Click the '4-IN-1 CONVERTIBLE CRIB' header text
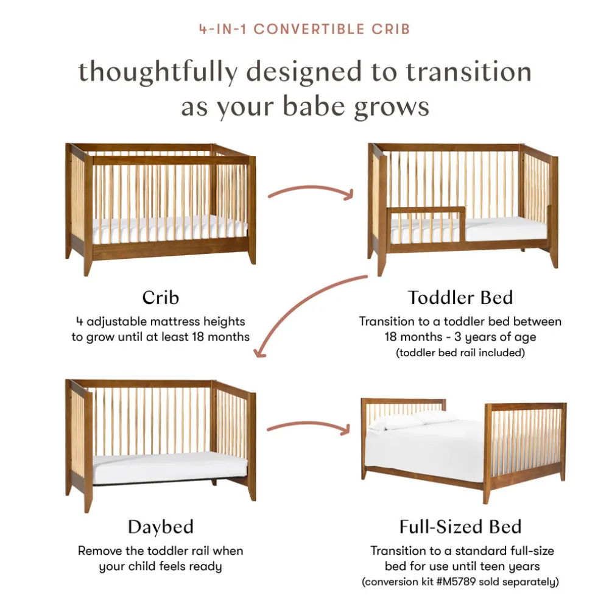[304, 29]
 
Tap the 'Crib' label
[160, 298]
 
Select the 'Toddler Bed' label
[460, 298]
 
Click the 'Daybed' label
[160, 527]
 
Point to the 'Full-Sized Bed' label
[460, 527]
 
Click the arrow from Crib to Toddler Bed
[311, 188]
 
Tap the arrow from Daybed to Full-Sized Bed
[309, 423]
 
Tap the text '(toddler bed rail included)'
[460, 353]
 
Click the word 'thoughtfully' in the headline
[158, 72]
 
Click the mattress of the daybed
[170, 467]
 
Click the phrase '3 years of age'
[495, 337]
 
